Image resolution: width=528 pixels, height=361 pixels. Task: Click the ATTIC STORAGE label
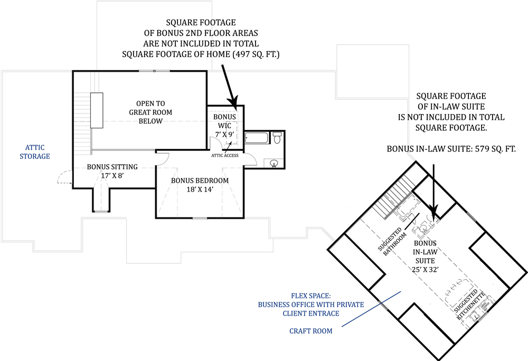tap(35, 151)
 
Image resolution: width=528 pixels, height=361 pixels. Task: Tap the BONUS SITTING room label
tap(112, 167)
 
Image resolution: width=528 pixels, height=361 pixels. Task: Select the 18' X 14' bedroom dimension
tap(200, 189)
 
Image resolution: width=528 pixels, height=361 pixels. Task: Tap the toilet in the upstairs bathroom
tap(277, 139)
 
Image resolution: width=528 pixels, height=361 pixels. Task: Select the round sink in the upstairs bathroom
tap(274, 163)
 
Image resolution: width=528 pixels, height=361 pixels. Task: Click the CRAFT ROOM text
tap(311, 331)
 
